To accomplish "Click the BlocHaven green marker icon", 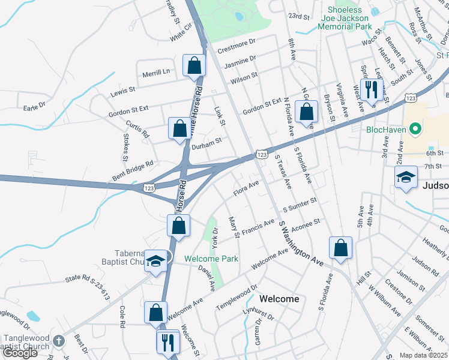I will click(x=414, y=129).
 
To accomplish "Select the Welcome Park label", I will click(x=211, y=259).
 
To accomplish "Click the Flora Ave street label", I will click(x=246, y=188).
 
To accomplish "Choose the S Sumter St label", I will click(x=300, y=208).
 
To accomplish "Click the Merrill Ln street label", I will click(x=156, y=72).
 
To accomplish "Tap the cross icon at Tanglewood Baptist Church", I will click(x=58, y=341).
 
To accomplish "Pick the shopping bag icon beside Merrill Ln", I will click(x=194, y=65).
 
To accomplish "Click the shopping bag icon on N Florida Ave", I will click(x=307, y=111).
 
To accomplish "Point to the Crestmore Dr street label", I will click(x=237, y=44).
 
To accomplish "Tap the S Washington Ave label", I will click(x=300, y=242).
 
